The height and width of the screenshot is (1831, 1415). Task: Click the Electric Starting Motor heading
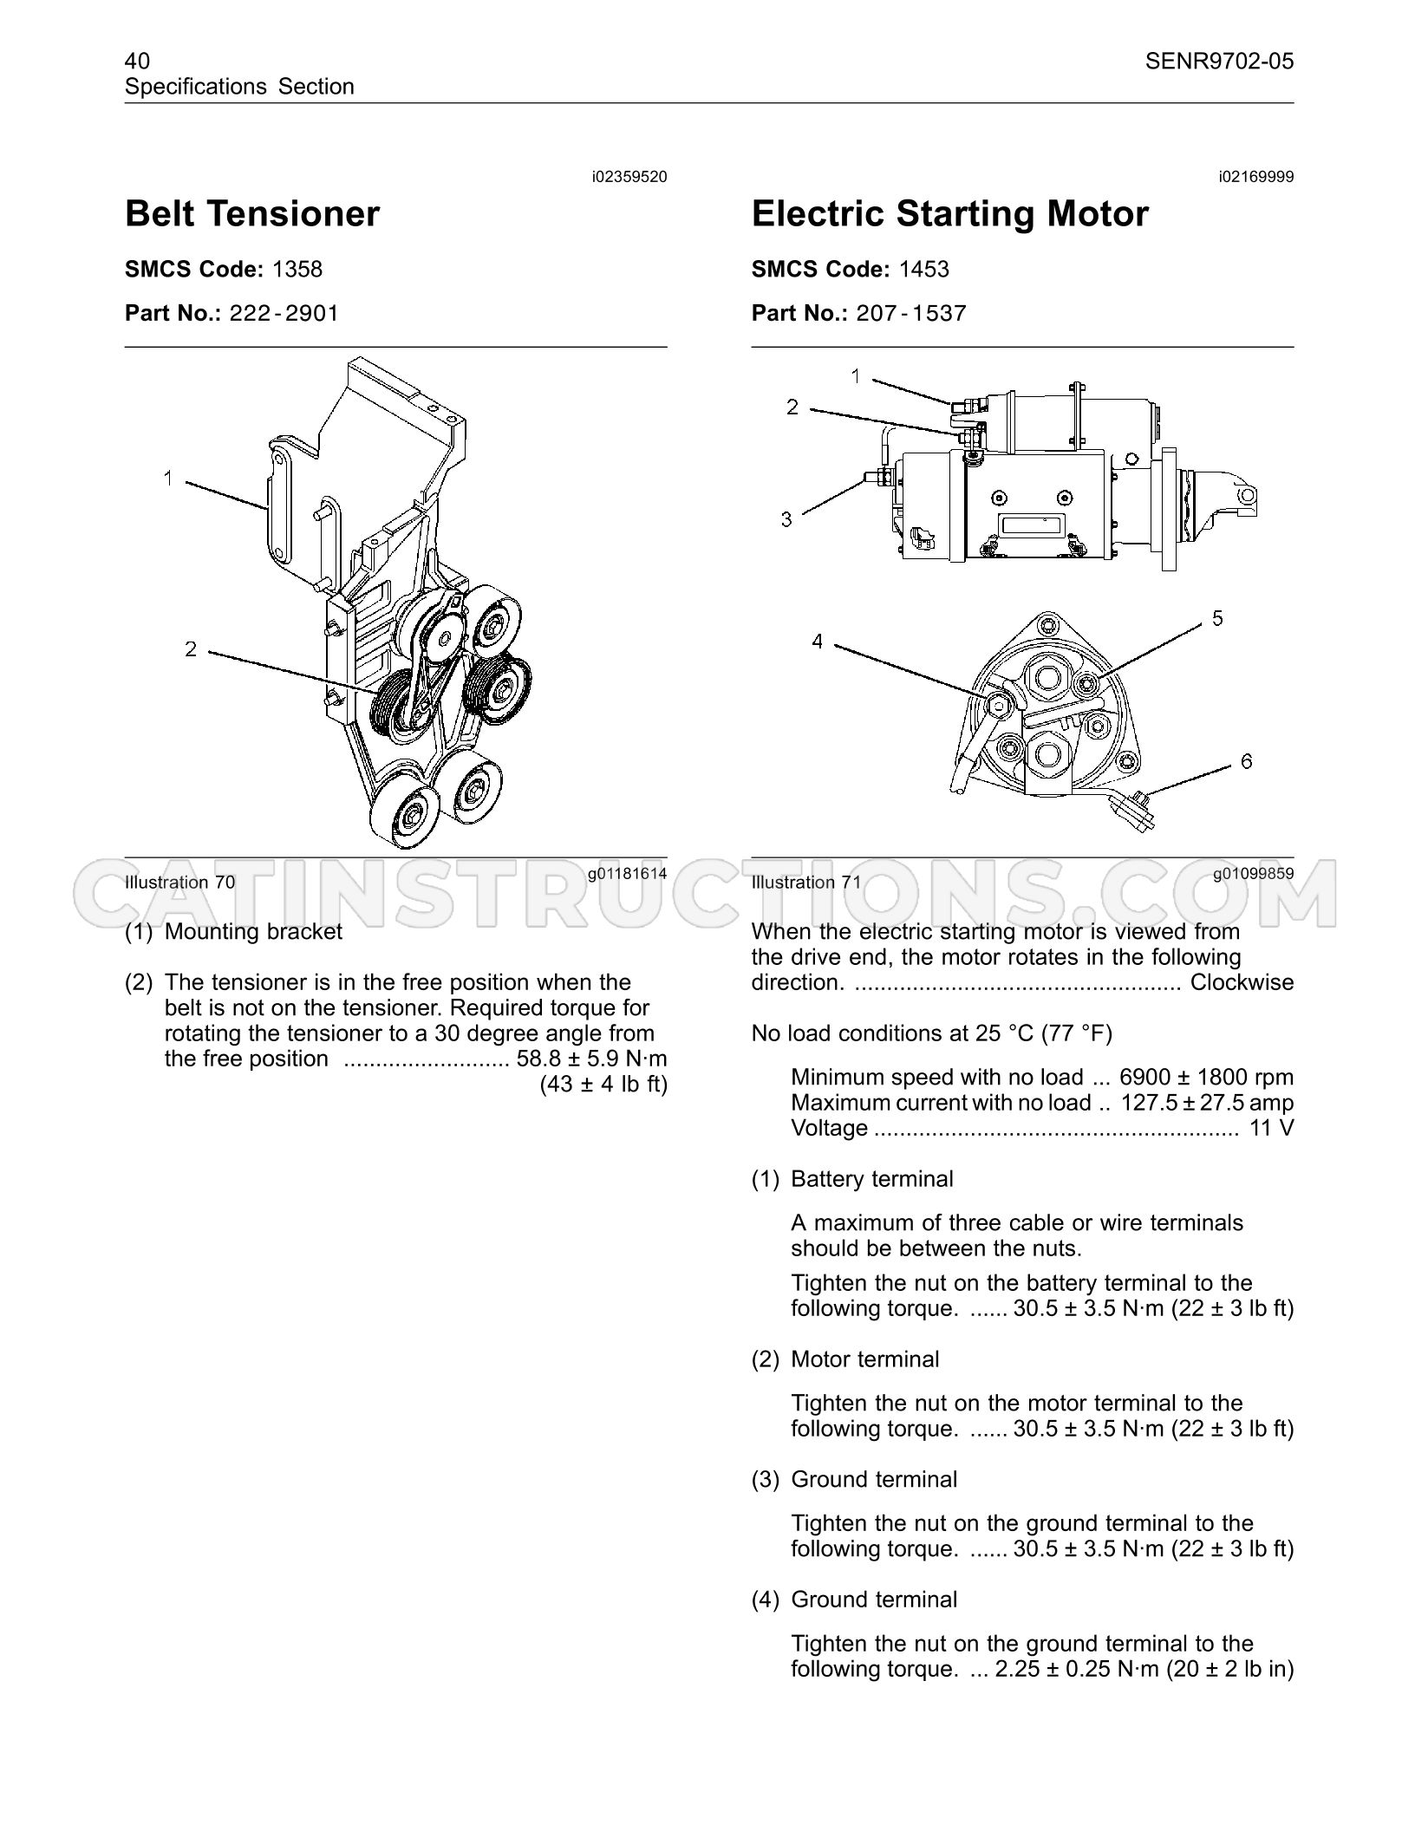click(x=950, y=214)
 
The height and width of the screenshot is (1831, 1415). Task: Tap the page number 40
click(x=137, y=61)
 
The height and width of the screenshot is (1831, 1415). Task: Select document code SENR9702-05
click(x=1219, y=61)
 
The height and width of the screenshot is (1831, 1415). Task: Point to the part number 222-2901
click(x=284, y=313)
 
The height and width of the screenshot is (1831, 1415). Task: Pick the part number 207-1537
click(x=911, y=313)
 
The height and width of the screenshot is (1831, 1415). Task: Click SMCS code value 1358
click(x=297, y=269)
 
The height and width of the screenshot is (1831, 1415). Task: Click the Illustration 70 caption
click(x=179, y=883)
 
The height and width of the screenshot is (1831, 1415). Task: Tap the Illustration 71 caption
click(x=806, y=883)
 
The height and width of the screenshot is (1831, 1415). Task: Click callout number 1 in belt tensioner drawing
click(x=168, y=477)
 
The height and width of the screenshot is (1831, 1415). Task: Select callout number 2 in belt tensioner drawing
click(x=191, y=648)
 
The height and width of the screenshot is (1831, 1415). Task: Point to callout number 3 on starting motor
click(x=786, y=519)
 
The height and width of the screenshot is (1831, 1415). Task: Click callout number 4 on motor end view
click(x=817, y=642)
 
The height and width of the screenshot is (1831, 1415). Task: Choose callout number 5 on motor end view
click(x=1217, y=618)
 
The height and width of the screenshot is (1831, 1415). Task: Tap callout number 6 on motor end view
click(x=1247, y=761)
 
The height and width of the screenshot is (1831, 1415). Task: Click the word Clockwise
click(x=1242, y=982)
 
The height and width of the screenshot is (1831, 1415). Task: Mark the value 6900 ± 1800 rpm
click(x=1207, y=1078)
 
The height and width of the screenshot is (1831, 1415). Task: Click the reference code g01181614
click(x=627, y=874)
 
